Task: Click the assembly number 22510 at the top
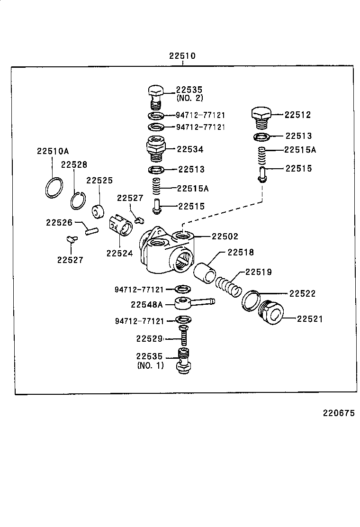(182, 56)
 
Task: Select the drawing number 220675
(339, 413)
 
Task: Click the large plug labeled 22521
(271, 313)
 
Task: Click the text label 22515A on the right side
(300, 150)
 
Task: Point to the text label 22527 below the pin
(70, 260)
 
